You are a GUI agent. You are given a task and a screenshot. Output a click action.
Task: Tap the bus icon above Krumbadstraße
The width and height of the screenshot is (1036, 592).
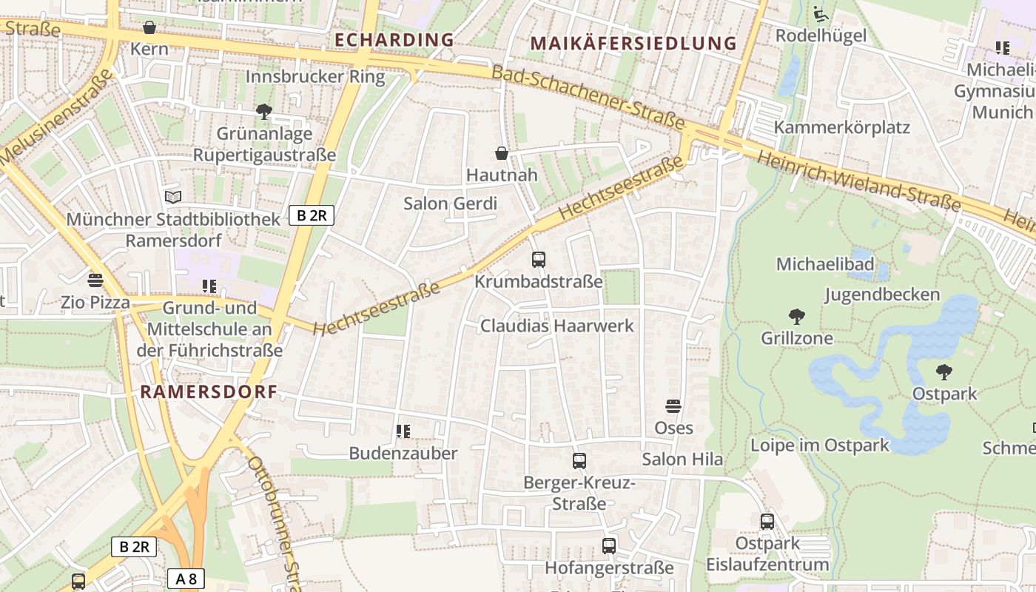point(539,260)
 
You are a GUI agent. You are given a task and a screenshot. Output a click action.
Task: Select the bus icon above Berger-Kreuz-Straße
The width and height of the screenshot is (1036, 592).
point(579,461)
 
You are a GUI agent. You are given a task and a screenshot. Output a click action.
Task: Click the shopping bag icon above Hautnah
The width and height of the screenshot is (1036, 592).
point(502,153)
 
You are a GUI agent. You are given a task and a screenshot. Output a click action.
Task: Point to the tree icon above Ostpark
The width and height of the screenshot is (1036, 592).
point(943,371)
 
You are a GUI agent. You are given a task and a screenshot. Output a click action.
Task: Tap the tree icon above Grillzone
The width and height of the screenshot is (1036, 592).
point(797,317)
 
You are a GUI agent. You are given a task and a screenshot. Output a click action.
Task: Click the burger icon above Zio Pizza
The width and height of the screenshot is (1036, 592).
point(95,280)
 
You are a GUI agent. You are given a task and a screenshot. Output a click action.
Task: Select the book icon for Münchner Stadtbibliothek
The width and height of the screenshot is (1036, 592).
point(172,197)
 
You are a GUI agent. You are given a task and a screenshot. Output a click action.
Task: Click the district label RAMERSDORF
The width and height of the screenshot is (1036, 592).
point(209,392)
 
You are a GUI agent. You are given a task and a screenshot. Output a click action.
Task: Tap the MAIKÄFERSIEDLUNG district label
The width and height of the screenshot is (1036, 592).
point(634,44)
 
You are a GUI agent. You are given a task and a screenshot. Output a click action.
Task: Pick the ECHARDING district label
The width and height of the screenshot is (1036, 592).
point(394,40)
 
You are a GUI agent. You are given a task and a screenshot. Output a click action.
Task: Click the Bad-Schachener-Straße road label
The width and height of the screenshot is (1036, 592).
point(588,97)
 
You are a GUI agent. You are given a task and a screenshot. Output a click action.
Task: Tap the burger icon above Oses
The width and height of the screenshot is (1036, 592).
point(673,406)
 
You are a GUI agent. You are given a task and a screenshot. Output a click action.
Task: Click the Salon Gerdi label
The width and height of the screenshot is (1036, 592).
point(450,203)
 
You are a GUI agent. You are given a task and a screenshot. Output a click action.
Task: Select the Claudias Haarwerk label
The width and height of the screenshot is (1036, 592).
point(557,326)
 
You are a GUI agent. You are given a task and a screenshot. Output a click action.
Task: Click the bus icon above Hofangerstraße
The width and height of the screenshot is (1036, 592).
point(609,546)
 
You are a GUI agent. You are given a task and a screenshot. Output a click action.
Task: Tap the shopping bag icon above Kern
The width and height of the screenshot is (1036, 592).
point(149,27)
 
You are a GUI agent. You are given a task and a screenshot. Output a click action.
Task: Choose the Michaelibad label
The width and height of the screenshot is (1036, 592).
point(824,264)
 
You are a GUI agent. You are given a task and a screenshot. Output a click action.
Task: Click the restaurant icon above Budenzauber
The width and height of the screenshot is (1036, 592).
point(403,431)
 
